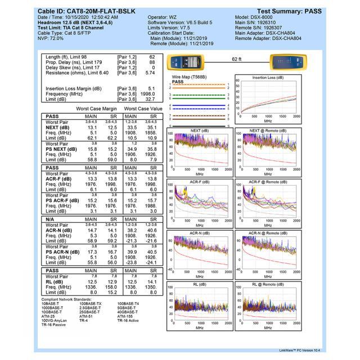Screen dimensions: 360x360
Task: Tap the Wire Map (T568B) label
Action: tap(187, 76)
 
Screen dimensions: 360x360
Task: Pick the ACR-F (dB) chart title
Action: tap(200, 183)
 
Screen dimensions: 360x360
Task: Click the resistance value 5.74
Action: tap(150, 73)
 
